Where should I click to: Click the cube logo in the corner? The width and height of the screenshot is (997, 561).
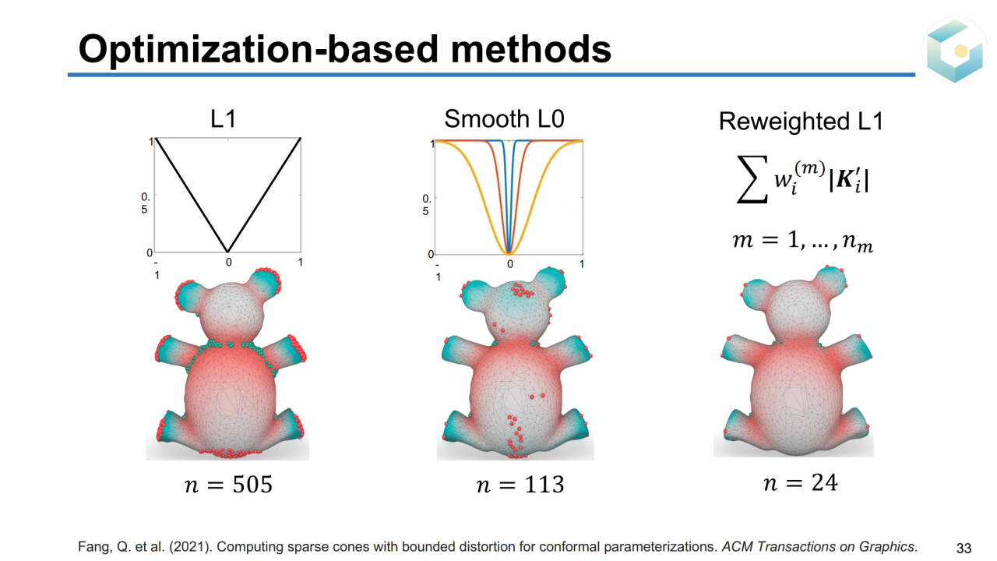pos(956,50)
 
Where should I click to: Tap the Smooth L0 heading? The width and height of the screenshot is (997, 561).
pos(504,118)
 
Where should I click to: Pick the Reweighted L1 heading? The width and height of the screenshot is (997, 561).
pos(801,122)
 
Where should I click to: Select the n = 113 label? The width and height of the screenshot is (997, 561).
pos(520,485)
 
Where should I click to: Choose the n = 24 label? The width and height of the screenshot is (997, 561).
pos(801,483)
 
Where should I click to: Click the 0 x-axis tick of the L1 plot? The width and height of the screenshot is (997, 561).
pos(228,263)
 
